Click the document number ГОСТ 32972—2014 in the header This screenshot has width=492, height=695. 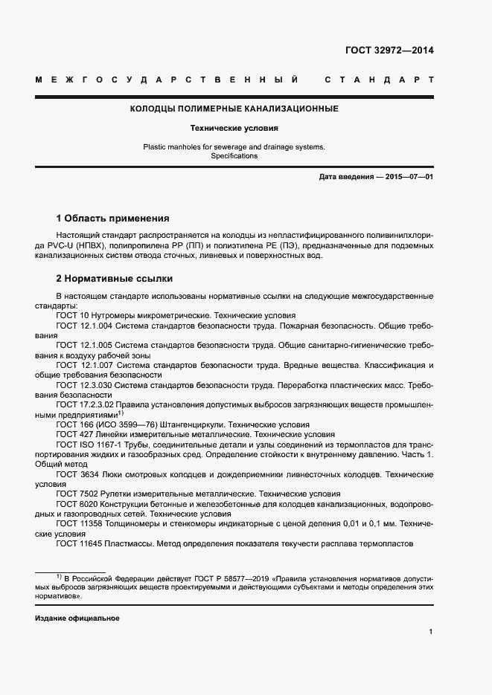pos(389,51)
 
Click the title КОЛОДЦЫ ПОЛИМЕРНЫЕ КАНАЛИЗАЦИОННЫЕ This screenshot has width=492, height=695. pos(234,109)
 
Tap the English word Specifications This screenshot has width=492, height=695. pos(234,156)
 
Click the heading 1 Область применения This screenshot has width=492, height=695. pos(112,219)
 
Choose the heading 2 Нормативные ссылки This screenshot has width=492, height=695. pos(115,278)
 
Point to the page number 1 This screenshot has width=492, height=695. pos(431,632)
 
